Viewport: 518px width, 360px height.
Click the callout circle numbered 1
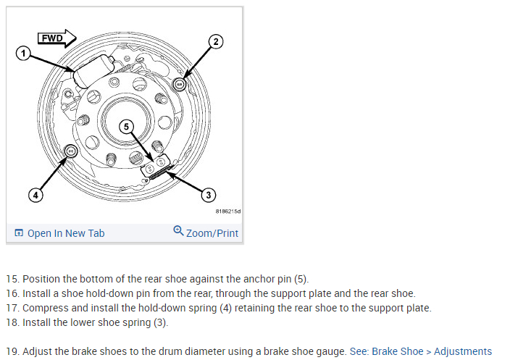click(x=23, y=54)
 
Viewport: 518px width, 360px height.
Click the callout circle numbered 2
click(x=215, y=41)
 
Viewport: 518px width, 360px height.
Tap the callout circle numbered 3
click(x=209, y=194)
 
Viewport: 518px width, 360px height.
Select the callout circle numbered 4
click(x=35, y=194)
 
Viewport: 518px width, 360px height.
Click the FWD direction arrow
click(x=57, y=38)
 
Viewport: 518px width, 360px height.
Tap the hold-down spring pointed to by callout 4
click(x=72, y=151)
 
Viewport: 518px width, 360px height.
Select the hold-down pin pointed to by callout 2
click(x=180, y=84)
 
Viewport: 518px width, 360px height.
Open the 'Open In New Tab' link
click(x=65, y=233)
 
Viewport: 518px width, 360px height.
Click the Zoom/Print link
click(x=212, y=233)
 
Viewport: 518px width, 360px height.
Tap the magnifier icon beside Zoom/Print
click(x=178, y=232)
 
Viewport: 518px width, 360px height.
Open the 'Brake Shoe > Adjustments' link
click(x=432, y=351)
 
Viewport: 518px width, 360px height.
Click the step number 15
click(x=12, y=279)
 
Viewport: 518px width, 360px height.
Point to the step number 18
click(x=12, y=322)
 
